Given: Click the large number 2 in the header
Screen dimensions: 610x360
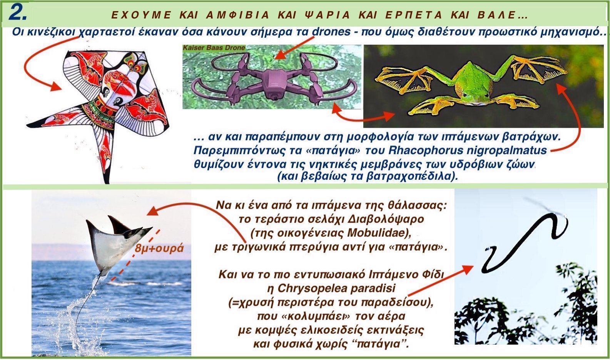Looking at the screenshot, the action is tap(18, 13).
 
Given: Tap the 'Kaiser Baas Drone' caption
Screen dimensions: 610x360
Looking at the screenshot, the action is tap(214, 48).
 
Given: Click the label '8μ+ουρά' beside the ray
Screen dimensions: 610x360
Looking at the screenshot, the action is tap(159, 249).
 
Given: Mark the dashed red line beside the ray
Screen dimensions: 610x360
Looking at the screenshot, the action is tap(135, 255).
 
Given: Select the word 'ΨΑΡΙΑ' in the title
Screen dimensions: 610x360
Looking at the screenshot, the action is tap(327, 15).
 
